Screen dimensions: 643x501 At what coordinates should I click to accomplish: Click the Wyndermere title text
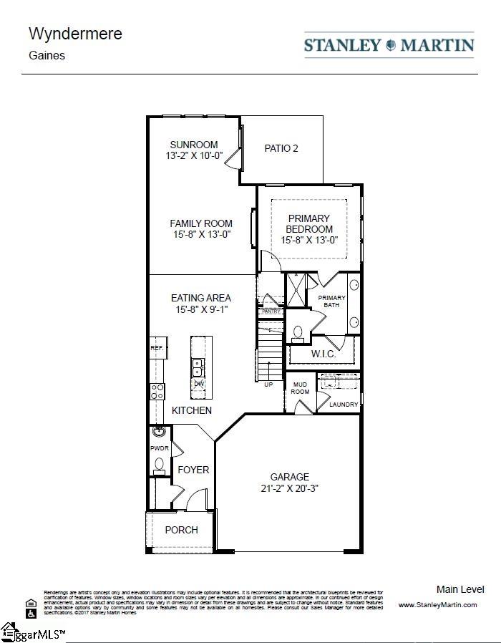pos(65,34)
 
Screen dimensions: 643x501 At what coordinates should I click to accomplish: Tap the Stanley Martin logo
pos(389,45)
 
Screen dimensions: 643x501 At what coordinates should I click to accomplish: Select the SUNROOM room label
pos(193,145)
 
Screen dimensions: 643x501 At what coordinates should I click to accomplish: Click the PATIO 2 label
pos(281,148)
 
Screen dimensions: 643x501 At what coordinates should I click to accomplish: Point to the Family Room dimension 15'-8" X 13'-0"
pos(200,234)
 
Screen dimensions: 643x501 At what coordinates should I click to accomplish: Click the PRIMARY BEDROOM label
pos(309,223)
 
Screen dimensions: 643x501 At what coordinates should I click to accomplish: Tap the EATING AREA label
pos(200,298)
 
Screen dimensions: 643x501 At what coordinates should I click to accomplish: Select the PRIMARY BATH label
pos(331,301)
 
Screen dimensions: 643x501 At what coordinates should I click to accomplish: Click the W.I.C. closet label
pos(323,354)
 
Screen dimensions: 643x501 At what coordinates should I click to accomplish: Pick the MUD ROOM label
pos(300,388)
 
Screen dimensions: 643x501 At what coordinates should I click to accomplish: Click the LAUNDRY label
pos(343,405)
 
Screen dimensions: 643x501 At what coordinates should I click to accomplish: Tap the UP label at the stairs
pos(268,385)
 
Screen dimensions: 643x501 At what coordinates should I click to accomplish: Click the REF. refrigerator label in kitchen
pos(157,348)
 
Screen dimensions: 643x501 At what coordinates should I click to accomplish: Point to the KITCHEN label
pos(191,410)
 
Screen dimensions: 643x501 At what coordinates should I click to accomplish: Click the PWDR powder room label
pos(158,448)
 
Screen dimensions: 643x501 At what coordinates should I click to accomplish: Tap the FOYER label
pos(193,470)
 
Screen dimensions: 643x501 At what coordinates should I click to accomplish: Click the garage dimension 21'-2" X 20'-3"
pos(289,488)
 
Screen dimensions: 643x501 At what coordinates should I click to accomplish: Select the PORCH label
pos(181,530)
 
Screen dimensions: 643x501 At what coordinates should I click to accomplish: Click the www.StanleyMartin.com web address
pos(437,605)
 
